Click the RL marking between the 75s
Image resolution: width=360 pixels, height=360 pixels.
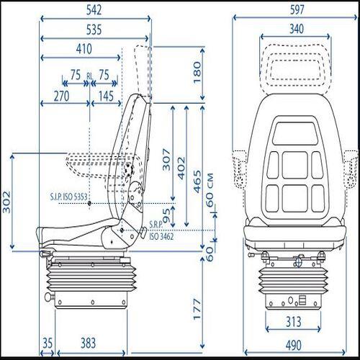point(89,75)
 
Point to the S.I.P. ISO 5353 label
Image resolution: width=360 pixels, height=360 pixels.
point(69,196)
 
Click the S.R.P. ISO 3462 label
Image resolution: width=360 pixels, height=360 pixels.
point(159,231)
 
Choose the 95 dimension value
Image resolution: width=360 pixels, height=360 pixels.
point(166,215)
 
